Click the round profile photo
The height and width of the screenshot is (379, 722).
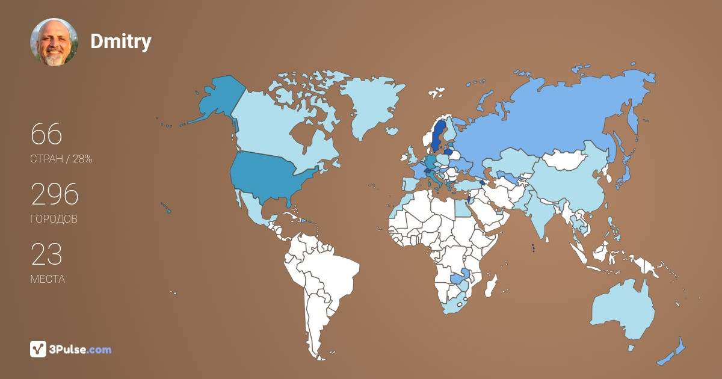point(54,42)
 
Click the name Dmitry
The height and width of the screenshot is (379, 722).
point(120,42)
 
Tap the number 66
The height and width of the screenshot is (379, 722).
point(46,134)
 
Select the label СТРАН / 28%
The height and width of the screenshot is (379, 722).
point(61,159)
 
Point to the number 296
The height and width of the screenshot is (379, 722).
point(55,194)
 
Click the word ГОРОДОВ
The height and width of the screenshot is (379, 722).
point(54,219)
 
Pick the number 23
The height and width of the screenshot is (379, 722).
point(46,254)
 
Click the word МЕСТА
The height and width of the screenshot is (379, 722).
point(48,279)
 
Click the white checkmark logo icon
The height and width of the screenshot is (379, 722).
point(39,349)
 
